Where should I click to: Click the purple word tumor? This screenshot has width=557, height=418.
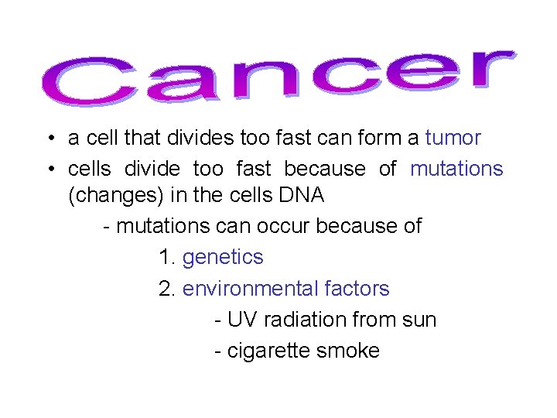[453, 139]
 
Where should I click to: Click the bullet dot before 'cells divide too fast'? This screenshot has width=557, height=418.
[49, 170]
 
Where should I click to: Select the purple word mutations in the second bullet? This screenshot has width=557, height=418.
[456, 169]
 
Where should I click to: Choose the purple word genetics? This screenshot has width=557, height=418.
[223, 257]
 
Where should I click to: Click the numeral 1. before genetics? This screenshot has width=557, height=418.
[166, 257]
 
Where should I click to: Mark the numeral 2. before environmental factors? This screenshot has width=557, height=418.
[166, 289]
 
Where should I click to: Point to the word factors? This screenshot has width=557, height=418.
[361, 289]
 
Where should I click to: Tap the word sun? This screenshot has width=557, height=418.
[419, 320]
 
